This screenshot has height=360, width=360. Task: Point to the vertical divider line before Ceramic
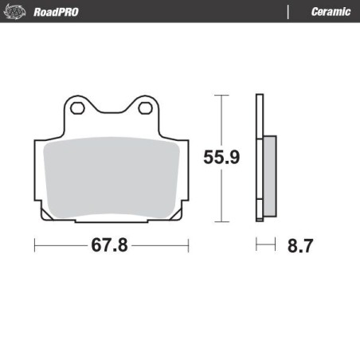[287, 11]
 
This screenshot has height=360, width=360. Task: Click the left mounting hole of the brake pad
[76, 108]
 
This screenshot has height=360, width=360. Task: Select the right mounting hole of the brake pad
[146, 108]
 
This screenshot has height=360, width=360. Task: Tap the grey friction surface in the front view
[112, 175]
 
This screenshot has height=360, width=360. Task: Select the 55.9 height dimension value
[221, 158]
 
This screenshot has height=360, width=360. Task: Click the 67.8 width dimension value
[110, 245]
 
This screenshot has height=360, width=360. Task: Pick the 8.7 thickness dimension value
[299, 245]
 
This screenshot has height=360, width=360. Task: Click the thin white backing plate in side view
[258, 159]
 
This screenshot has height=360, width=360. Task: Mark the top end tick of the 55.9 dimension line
[221, 96]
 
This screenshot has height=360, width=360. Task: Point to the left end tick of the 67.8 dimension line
[35, 245]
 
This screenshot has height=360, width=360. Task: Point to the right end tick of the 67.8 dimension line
[189, 245]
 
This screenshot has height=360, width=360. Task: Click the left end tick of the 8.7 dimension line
[256, 245]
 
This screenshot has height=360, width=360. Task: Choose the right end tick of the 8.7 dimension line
[274, 245]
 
